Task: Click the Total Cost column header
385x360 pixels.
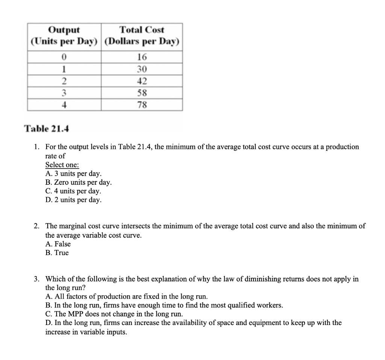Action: [142, 35]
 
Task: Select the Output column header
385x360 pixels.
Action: [64, 35]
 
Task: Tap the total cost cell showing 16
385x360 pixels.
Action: [142, 57]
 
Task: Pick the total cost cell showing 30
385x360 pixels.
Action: [142, 69]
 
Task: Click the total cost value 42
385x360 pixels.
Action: [142, 81]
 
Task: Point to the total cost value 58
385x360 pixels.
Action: [142, 93]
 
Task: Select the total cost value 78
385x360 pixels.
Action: [142, 105]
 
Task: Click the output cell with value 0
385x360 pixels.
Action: [64, 57]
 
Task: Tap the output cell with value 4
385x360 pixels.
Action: [64, 105]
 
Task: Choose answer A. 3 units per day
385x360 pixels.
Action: [73, 174]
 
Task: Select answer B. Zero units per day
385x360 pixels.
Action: [78, 182]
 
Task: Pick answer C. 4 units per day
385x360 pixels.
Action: [73, 191]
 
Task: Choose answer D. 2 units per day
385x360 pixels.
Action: [73, 200]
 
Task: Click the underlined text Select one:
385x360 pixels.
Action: [62, 165]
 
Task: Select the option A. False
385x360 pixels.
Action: [58, 244]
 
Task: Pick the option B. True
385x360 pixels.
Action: [57, 253]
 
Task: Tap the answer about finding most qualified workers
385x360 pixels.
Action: [164, 305]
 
